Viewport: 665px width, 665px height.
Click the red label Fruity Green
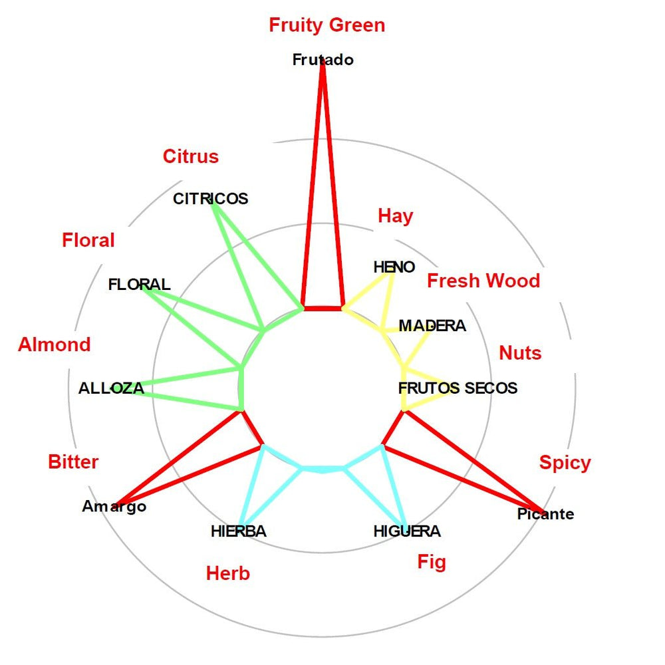coord(327,25)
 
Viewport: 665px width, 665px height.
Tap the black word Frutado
coord(323,60)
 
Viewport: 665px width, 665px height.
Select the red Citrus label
coord(191,156)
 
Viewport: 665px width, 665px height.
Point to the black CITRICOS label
coord(210,199)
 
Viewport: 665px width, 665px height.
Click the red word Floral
coord(88,240)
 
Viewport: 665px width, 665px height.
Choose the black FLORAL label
coord(139,285)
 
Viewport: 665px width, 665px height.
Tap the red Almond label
coord(55,344)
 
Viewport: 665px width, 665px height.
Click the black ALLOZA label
coord(111,388)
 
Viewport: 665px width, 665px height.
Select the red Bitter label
coord(73,462)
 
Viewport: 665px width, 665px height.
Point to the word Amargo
coord(114,507)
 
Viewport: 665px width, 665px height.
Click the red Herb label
coord(228,573)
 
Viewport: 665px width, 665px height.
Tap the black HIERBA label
coord(238,531)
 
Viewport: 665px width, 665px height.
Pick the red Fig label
coord(432,562)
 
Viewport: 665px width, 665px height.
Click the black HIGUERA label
coord(407,531)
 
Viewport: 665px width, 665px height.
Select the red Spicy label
coord(565,462)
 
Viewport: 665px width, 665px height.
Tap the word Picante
coord(545,514)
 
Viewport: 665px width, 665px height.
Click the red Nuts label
coord(520,352)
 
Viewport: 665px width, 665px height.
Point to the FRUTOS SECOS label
coord(458,388)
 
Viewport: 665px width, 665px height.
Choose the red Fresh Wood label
coord(483,281)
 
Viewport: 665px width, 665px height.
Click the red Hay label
coord(396,215)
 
